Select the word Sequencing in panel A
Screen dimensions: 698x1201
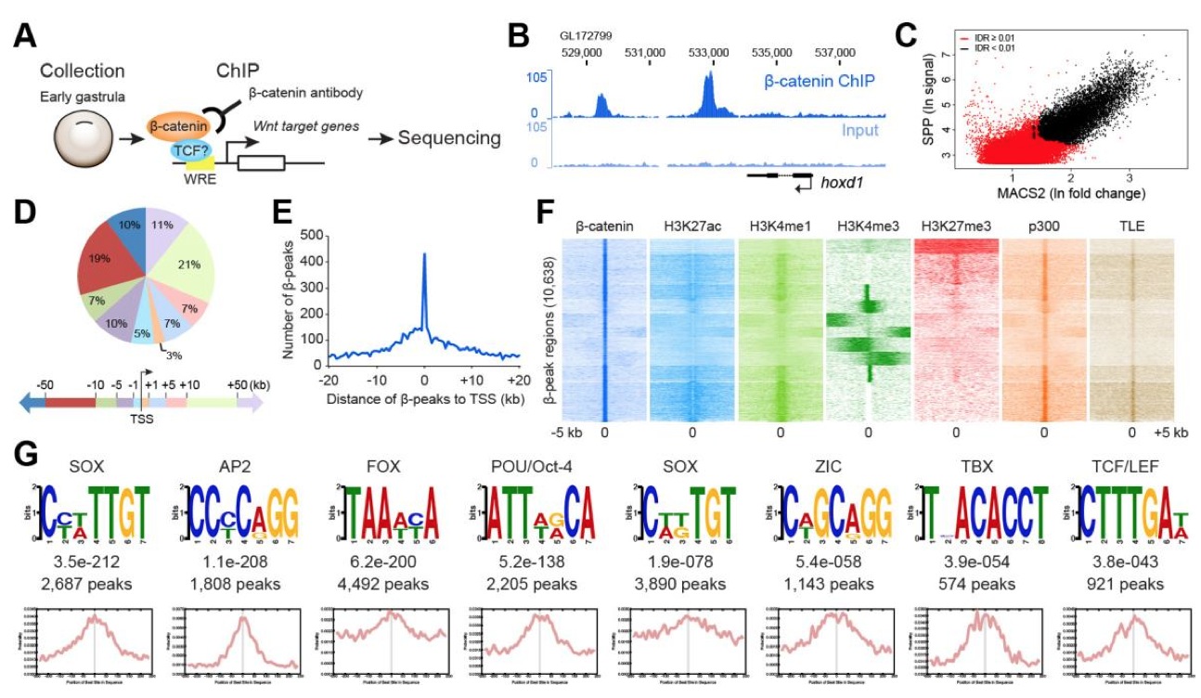coord(449,139)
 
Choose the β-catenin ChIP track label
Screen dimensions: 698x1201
coord(822,82)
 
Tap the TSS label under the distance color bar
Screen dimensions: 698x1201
coord(142,418)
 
